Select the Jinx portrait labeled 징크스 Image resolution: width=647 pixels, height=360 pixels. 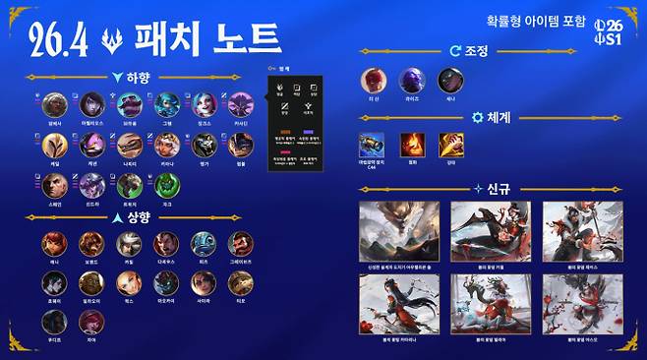(x=205, y=103)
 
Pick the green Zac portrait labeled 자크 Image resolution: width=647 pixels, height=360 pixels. (x=166, y=184)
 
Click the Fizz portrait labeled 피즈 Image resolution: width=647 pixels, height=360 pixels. (x=204, y=243)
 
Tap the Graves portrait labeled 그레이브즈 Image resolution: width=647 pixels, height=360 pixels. (x=241, y=243)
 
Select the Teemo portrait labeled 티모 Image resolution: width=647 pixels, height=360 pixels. (x=241, y=283)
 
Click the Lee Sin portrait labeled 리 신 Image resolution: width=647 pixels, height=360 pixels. (x=375, y=81)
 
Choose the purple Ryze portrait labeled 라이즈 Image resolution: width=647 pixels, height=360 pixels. (x=412, y=81)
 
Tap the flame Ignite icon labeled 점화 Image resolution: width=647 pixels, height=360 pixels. (x=412, y=144)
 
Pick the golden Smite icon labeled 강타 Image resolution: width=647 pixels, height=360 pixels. (x=451, y=144)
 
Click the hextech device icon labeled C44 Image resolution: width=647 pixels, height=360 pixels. (x=373, y=144)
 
